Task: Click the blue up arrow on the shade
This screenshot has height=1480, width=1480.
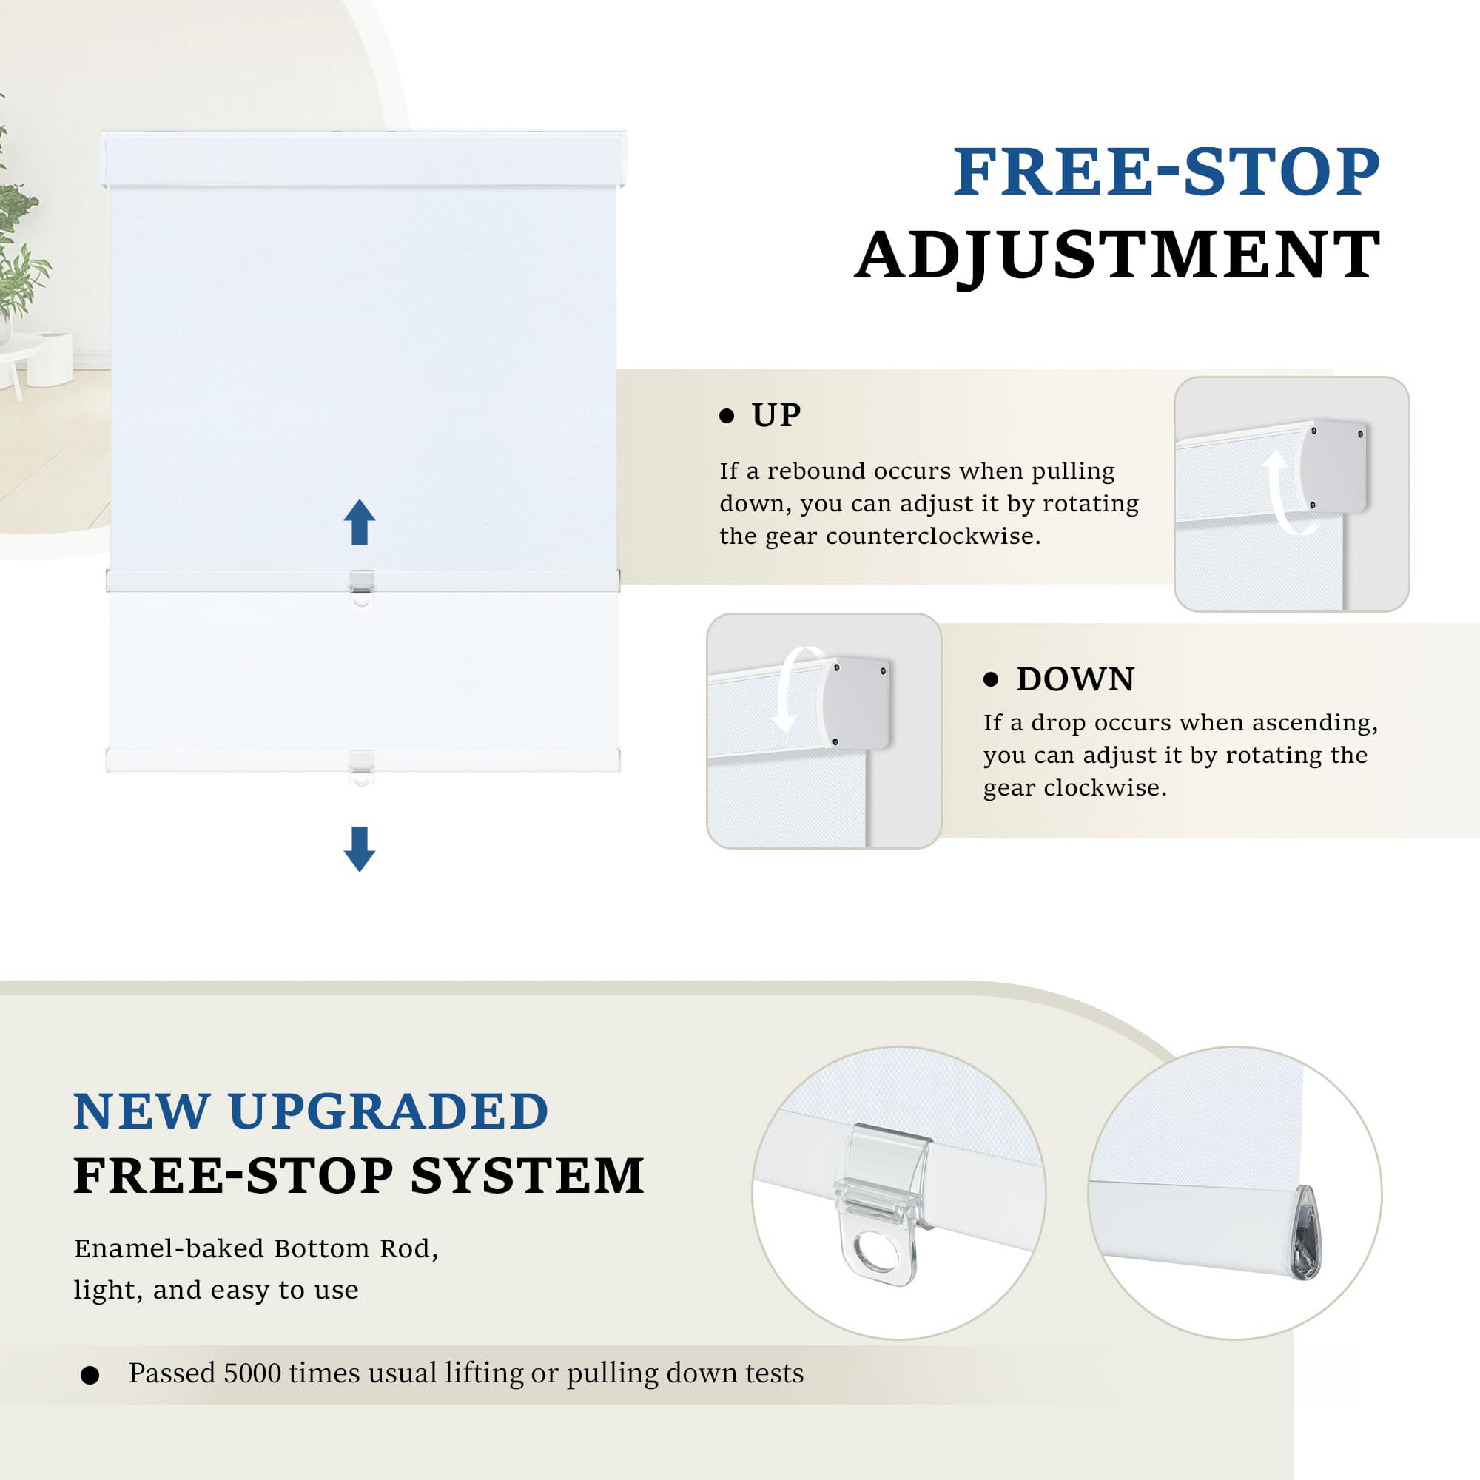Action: (x=360, y=522)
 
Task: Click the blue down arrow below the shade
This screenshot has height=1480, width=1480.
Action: (x=360, y=849)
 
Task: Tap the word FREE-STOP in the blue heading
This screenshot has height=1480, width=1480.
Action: (x=1167, y=172)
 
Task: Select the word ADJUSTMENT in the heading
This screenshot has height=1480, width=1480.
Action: (x=1117, y=255)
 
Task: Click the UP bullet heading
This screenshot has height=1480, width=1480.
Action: (x=776, y=415)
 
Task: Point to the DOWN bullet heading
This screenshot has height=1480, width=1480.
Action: (x=1075, y=679)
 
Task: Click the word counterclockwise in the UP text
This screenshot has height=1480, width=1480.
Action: (x=933, y=536)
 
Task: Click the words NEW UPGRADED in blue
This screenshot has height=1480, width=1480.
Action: (x=311, y=1111)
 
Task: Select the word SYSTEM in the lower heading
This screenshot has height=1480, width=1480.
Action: (x=528, y=1175)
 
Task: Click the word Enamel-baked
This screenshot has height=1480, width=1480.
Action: (x=169, y=1248)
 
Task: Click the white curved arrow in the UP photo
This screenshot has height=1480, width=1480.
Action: (x=1284, y=494)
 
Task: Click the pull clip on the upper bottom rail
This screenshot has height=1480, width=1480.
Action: (x=362, y=588)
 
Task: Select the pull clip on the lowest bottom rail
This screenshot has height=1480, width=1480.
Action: (x=362, y=767)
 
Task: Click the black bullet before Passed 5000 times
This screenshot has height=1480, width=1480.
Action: (x=90, y=1375)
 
